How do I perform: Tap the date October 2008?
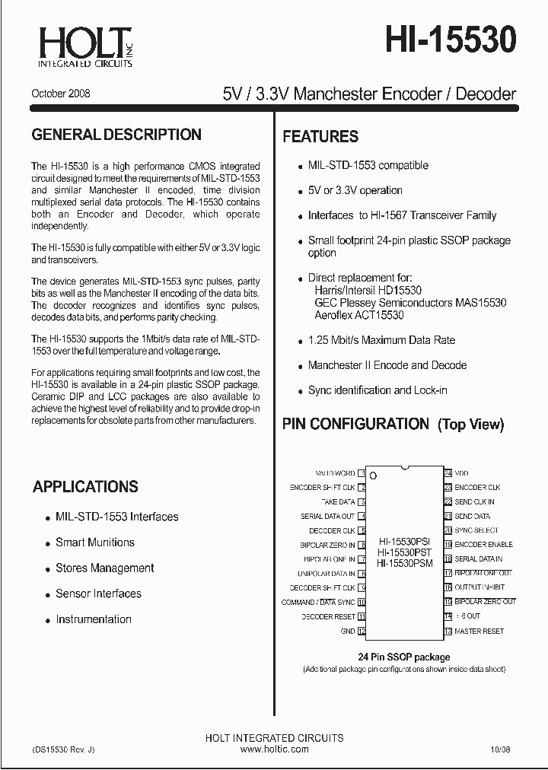pos(61,94)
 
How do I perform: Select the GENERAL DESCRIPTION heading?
pos(116,135)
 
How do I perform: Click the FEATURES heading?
pos(320,137)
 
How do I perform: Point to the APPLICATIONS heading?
pos(85,487)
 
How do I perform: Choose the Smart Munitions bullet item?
pos(94,542)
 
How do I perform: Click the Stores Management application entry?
pos(104,568)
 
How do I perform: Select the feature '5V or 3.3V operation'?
pos(355,190)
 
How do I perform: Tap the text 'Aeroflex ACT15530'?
pos(358,315)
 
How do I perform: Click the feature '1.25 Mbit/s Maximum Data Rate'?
pos(381,340)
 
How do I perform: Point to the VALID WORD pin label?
pos(334,473)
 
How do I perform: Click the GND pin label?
pos(347,632)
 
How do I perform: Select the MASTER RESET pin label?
pos(479,631)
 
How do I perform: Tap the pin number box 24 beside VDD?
pos(448,473)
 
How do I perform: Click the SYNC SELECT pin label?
pos(476,530)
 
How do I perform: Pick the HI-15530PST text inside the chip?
pos(404,552)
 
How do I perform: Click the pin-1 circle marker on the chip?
pos(372,476)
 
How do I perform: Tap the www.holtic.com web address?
pos(274,749)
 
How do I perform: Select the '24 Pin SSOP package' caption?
pos(403,657)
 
